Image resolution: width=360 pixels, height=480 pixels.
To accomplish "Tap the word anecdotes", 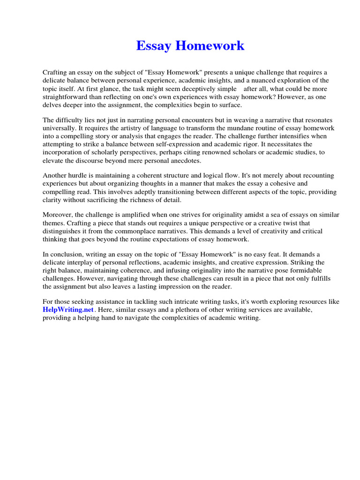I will coord(181,160).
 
